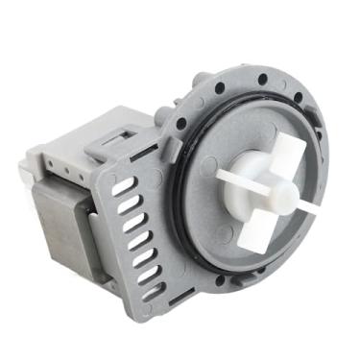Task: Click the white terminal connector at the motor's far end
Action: click(27, 173)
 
